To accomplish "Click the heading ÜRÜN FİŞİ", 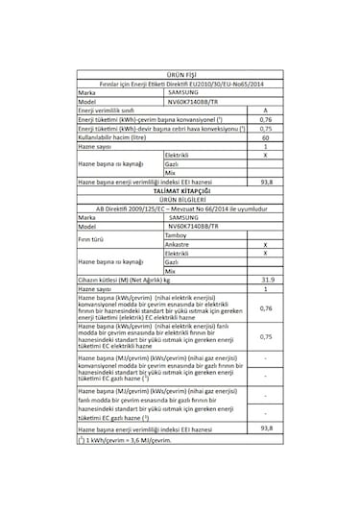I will pyautogui.click(x=180, y=74).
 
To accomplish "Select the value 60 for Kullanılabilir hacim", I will pyautogui.click(x=264, y=136).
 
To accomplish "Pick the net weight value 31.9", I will pyautogui.click(x=264, y=279).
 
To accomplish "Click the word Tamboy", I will pyautogui.click(x=177, y=235).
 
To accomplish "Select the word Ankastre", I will pyautogui.click(x=179, y=244).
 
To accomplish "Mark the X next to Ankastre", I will pyautogui.click(x=264, y=244).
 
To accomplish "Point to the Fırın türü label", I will pyautogui.click(x=95, y=239).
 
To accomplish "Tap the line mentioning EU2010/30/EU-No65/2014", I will pyautogui.click(x=180, y=85).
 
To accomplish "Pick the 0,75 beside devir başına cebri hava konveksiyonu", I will pyautogui.click(x=264, y=128).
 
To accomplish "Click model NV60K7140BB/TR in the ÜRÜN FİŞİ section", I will pyautogui.click(x=192, y=102).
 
